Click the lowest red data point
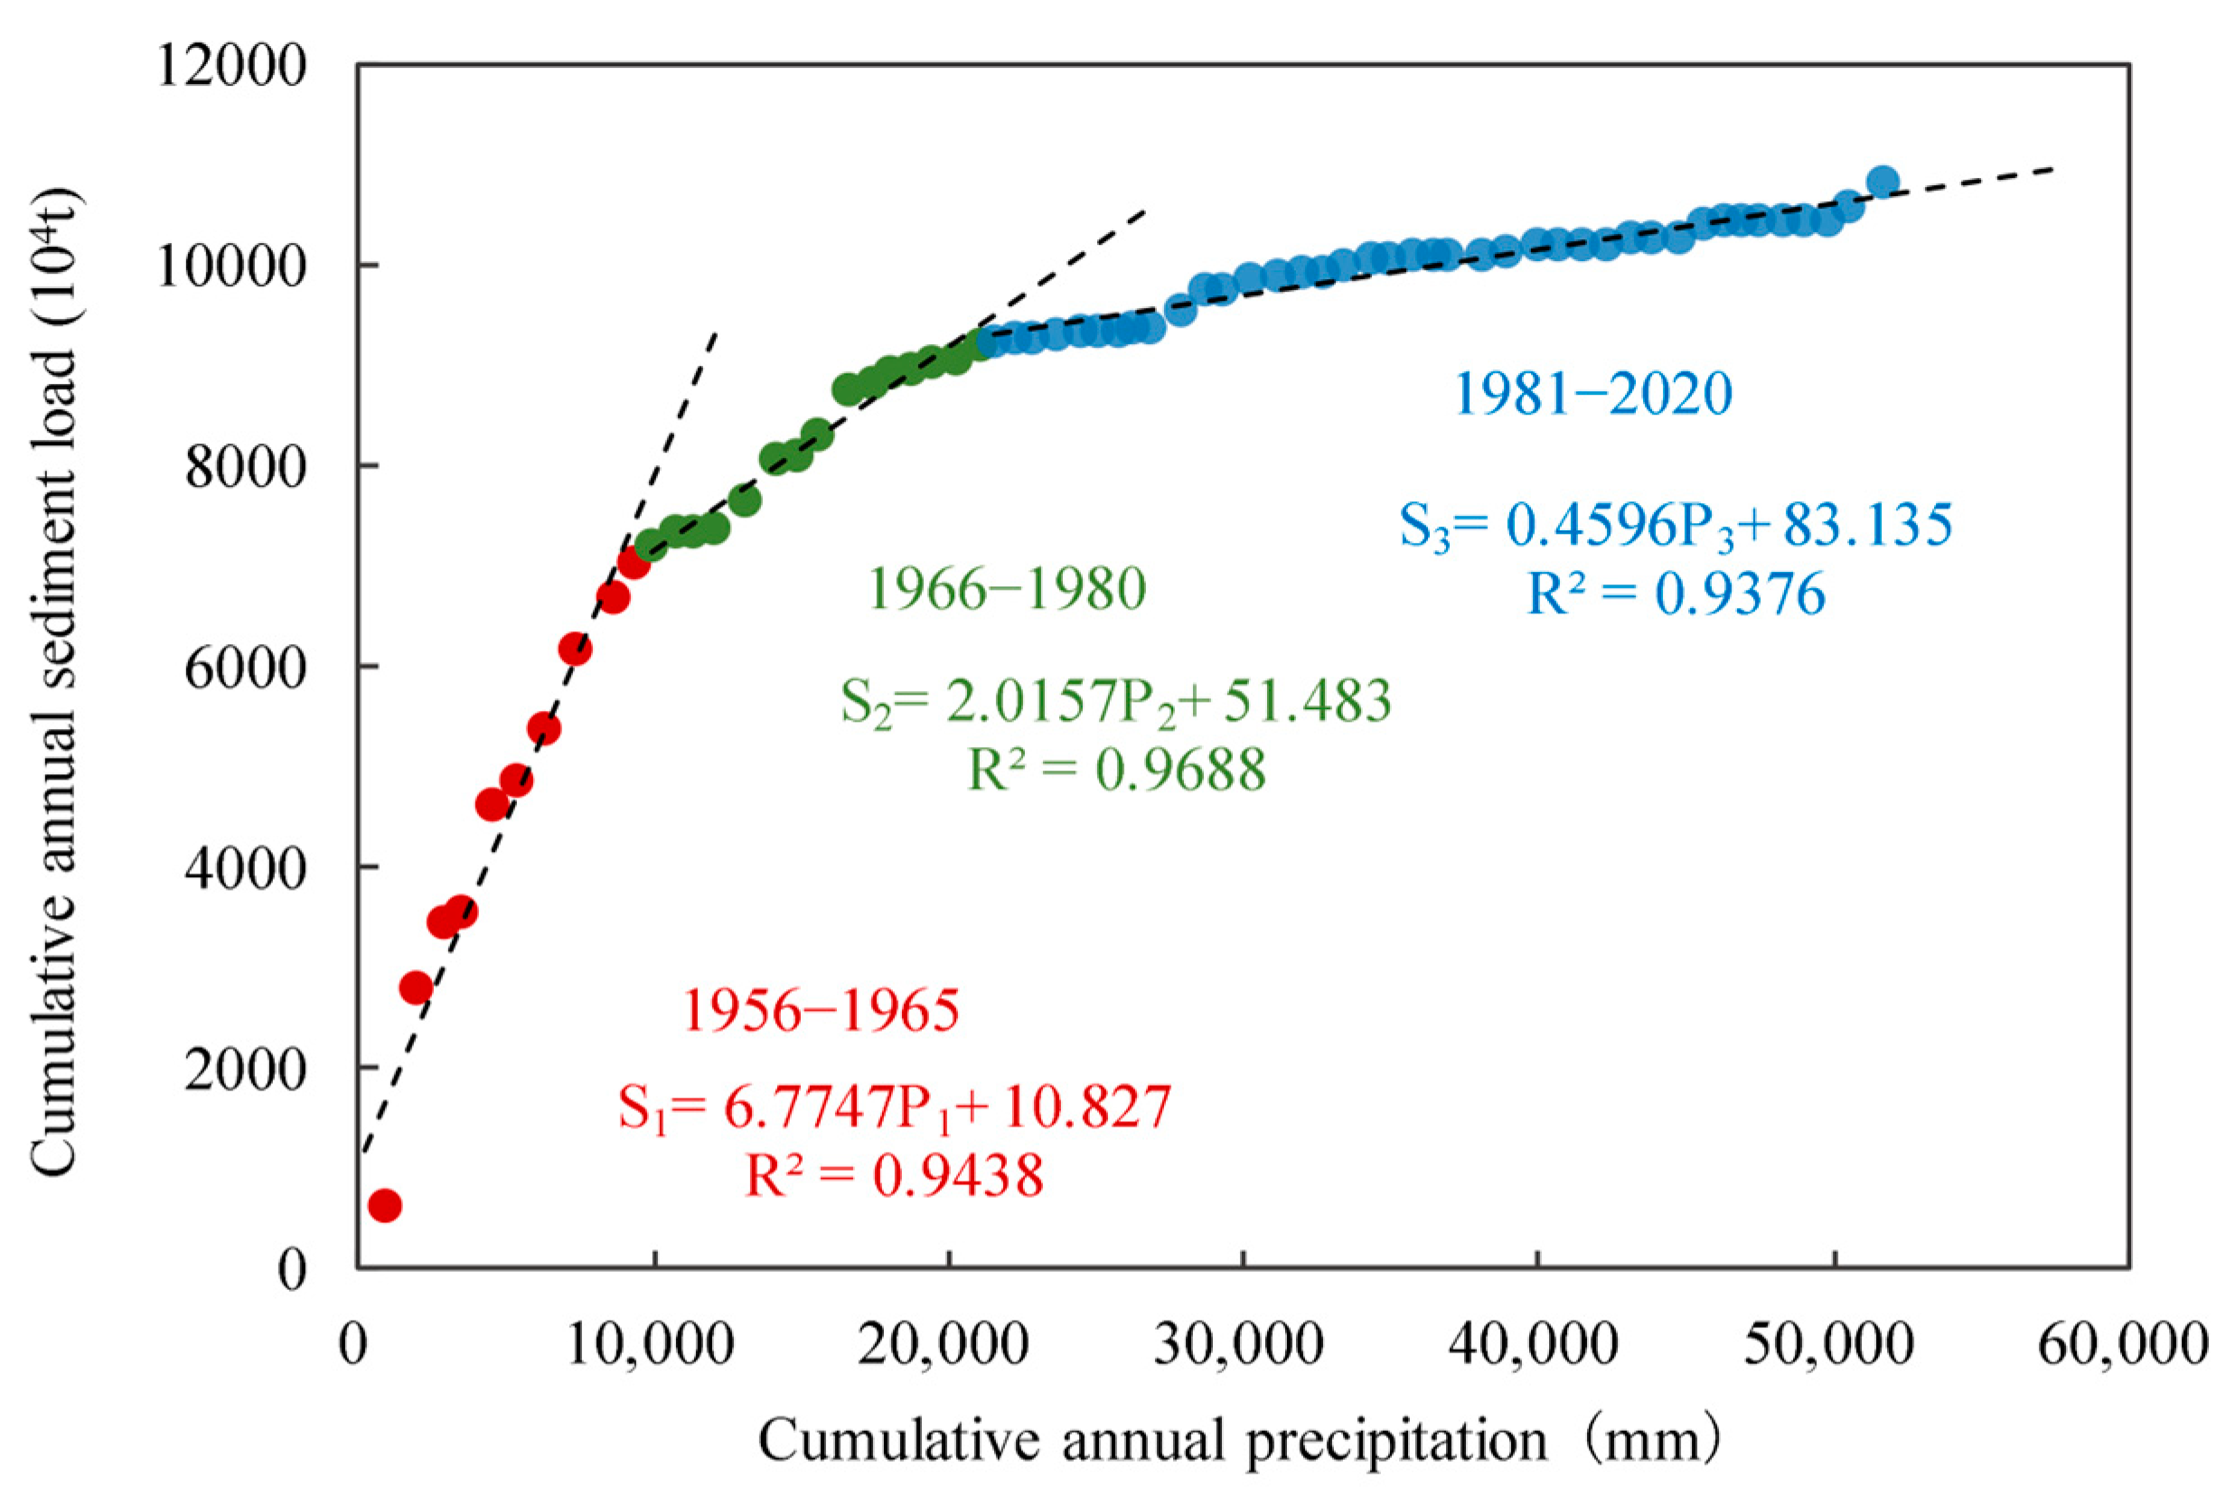point(384,1205)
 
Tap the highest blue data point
point(1883,181)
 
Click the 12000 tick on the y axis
point(230,67)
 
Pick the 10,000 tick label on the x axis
point(651,1346)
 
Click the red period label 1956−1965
point(821,1011)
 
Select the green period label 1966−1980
point(1007,588)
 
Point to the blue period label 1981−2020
point(1593,394)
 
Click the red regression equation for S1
point(895,1108)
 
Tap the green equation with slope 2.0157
point(1115,701)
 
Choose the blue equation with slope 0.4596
point(1676,526)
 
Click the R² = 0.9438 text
point(895,1176)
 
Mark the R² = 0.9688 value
point(1116,770)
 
